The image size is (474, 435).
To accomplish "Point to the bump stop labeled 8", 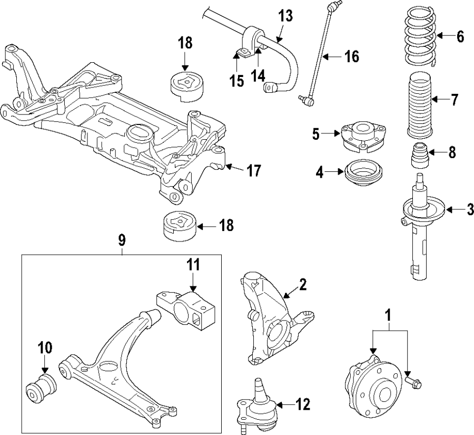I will pyautogui.click(x=419, y=155).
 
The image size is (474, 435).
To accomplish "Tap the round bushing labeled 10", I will pyautogui.click(x=42, y=389).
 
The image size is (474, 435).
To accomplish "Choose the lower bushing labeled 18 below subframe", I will pyautogui.click(x=177, y=227).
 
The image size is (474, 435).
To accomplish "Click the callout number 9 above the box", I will pyautogui.click(x=122, y=240).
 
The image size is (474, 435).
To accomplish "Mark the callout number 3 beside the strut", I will pyautogui.click(x=470, y=209).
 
